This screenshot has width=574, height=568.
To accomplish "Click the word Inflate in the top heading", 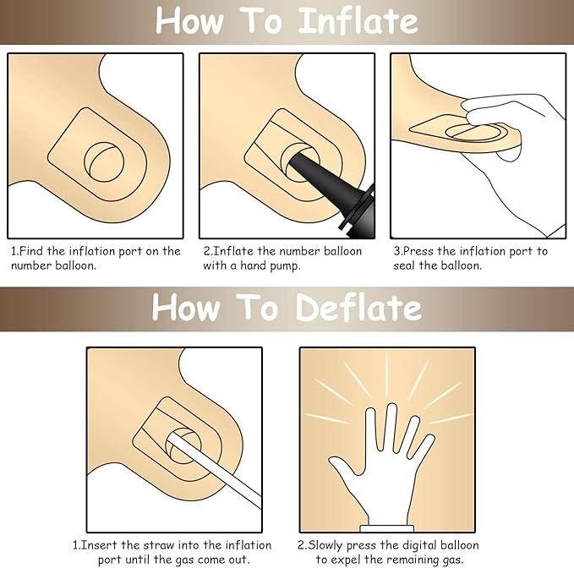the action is pos(358,21).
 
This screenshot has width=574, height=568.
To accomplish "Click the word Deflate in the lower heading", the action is pos(358,308).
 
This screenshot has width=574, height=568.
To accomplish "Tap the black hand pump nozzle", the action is pos(330,190).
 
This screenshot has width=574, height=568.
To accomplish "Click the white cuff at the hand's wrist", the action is pos(387,528).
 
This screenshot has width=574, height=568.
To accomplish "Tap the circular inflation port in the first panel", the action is pos(104,161).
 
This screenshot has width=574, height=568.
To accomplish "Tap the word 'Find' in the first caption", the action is pos(30,251).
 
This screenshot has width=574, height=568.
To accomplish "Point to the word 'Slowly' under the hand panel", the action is pos(325,546).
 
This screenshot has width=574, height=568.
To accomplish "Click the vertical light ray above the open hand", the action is pos(387,374).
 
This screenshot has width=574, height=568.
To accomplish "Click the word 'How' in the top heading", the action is pos(189,21).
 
